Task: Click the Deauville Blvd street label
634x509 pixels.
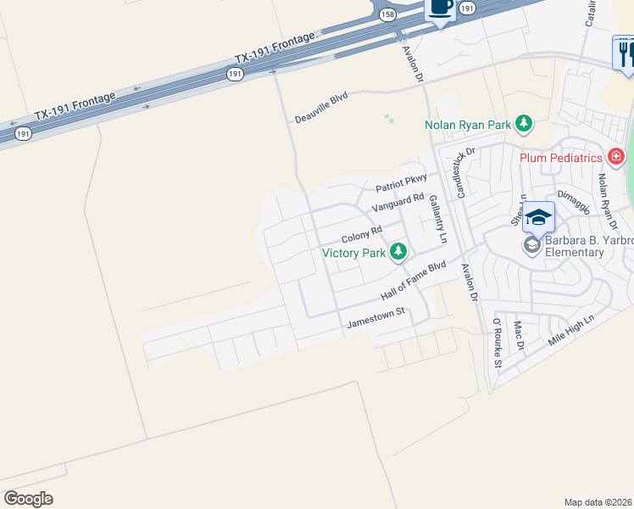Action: pos(321,109)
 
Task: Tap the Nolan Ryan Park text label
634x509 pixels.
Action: pos(468,126)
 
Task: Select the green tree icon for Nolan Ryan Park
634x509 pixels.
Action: pos(524,125)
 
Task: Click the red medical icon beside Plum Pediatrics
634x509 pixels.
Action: pos(615,157)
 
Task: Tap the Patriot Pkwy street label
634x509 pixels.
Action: pos(402,184)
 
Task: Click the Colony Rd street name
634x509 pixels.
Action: pos(362,234)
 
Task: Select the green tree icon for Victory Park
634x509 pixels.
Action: pos(397,251)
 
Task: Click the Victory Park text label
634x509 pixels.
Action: pos(353,252)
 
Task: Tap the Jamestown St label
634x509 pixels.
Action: pos(377,317)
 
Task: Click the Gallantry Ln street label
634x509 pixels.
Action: pos(437,219)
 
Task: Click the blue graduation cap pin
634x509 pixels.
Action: pos(537,217)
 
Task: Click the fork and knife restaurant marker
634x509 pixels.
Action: pos(624,53)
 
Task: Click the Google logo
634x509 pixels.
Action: pos(28,498)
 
